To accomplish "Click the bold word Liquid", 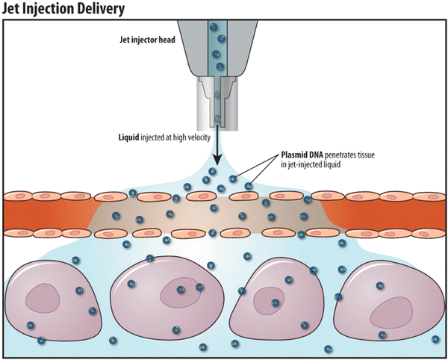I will [x=131, y=137].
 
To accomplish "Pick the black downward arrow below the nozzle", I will [x=216, y=154].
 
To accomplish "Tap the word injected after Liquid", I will [x=161, y=137].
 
